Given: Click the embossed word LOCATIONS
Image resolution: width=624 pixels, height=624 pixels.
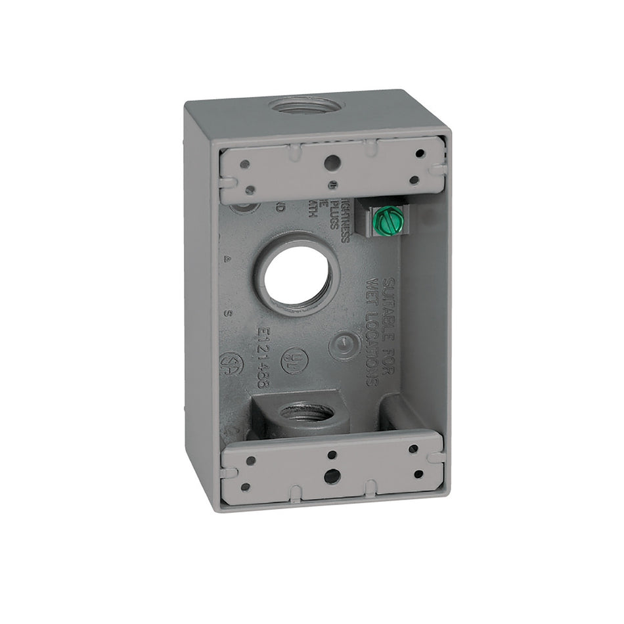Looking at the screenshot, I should tap(372, 342).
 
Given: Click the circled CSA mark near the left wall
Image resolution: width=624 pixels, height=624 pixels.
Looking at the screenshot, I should tap(231, 363).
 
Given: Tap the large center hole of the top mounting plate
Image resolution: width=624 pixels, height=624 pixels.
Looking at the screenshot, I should tap(332, 160).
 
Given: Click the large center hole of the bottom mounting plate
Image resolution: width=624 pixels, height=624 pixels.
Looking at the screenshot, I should tap(332, 476).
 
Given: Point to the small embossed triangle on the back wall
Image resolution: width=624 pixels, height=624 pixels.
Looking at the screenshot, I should tap(227, 259).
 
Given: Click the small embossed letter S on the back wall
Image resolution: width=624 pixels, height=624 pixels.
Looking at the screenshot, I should tap(227, 313).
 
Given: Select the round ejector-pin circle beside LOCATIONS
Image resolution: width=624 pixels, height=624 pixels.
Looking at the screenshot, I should tap(344, 344).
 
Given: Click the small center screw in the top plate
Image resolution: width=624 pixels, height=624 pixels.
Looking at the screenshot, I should tap(332, 185).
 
